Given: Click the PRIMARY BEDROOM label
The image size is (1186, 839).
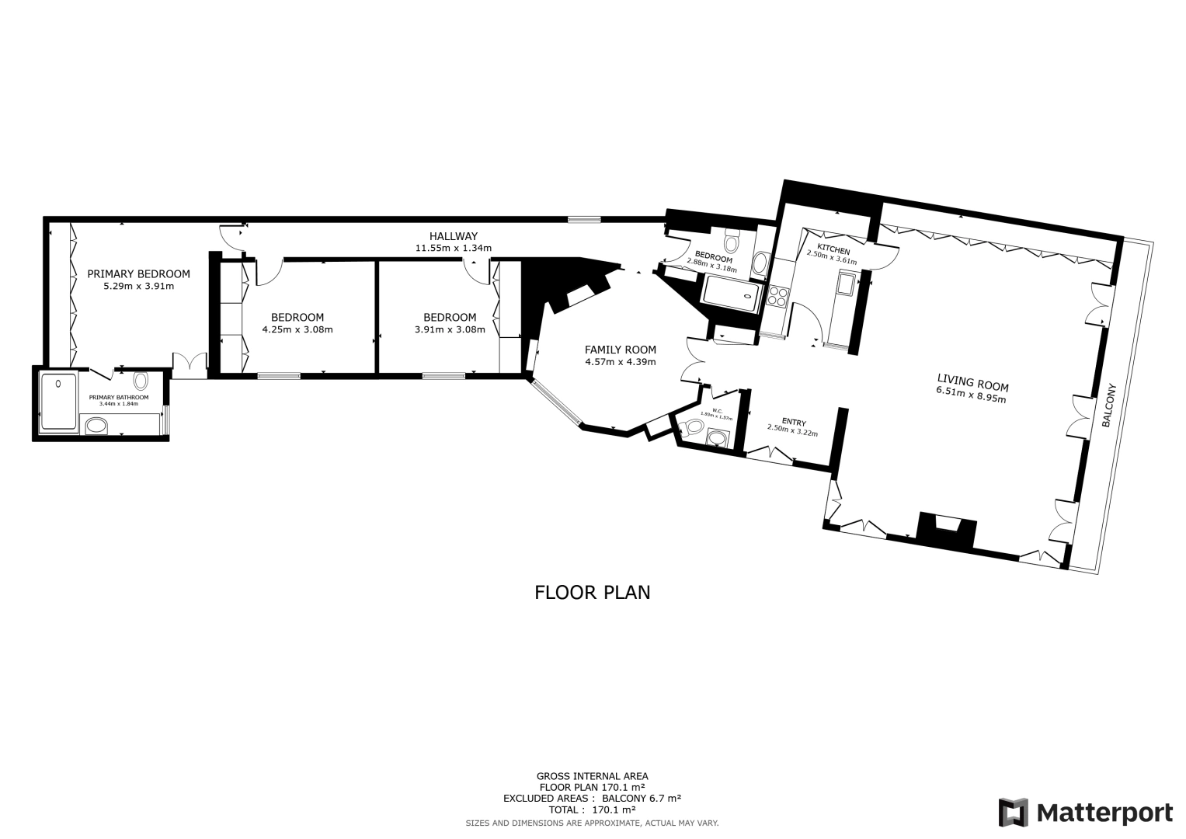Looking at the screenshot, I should [x=138, y=273].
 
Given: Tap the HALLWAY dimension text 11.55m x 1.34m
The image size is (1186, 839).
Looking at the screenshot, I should [x=454, y=249].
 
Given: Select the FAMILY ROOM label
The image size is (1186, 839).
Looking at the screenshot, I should [x=620, y=350].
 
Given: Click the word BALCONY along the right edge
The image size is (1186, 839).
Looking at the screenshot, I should [x=1108, y=405].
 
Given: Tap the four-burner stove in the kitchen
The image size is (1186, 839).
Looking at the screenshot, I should [x=777, y=296].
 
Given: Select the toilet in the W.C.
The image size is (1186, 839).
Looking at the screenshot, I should [x=690, y=426].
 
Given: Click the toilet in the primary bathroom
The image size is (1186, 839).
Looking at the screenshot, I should [x=141, y=381].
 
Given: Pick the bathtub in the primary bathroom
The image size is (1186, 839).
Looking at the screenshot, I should [x=59, y=401].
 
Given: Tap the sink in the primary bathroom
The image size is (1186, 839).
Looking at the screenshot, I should [x=96, y=425].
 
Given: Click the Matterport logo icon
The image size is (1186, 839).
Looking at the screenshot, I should [x=1014, y=813].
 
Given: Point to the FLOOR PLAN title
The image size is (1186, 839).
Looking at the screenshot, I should [x=592, y=592].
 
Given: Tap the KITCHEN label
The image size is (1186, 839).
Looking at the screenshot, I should [x=833, y=250].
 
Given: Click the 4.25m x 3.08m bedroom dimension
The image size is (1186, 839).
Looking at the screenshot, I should [x=297, y=329].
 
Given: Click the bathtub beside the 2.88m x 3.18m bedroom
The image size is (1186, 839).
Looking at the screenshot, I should [x=730, y=294].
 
